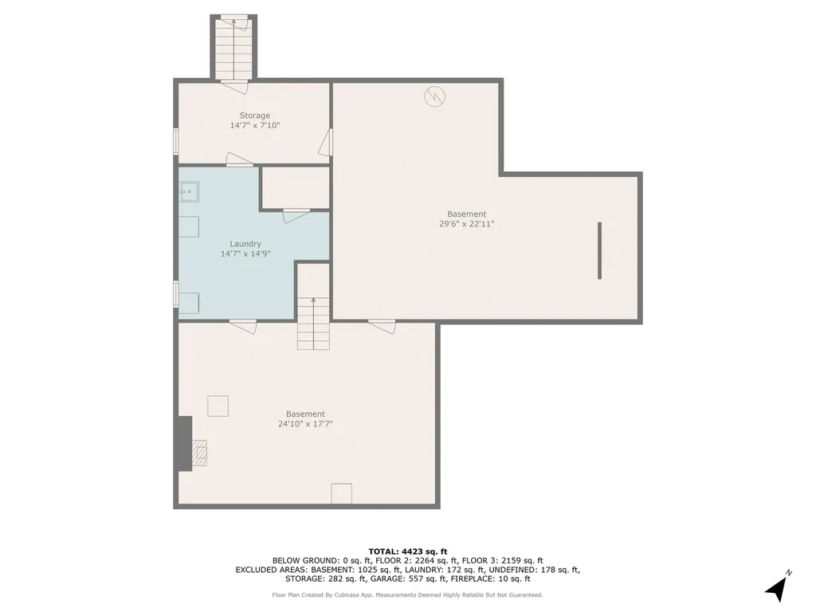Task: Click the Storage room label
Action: [x=254, y=116]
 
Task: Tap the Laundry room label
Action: [x=245, y=244]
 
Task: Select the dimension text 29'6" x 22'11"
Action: [x=466, y=224]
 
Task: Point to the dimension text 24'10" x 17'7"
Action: [x=305, y=424]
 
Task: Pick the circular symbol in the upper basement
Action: [x=434, y=96]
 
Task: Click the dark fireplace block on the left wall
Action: [x=184, y=443]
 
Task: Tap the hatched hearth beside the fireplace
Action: [x=199, y=452]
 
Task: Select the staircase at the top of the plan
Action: [x=233, y=48]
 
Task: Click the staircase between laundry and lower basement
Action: [x=313, y=323]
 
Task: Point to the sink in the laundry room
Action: [x=188, y=191]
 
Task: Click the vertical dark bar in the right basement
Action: [x=599, y=250]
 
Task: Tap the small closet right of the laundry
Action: [x=295, y=188]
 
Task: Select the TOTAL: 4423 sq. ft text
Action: [x=408, y=551]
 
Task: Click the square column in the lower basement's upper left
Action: [x=218, y=406]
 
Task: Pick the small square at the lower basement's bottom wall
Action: [x=341, y=493]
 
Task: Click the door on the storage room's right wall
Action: [x=325, y=143]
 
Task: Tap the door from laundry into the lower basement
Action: [x=243, y=325]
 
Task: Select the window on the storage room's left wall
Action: [x=176, y=140]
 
